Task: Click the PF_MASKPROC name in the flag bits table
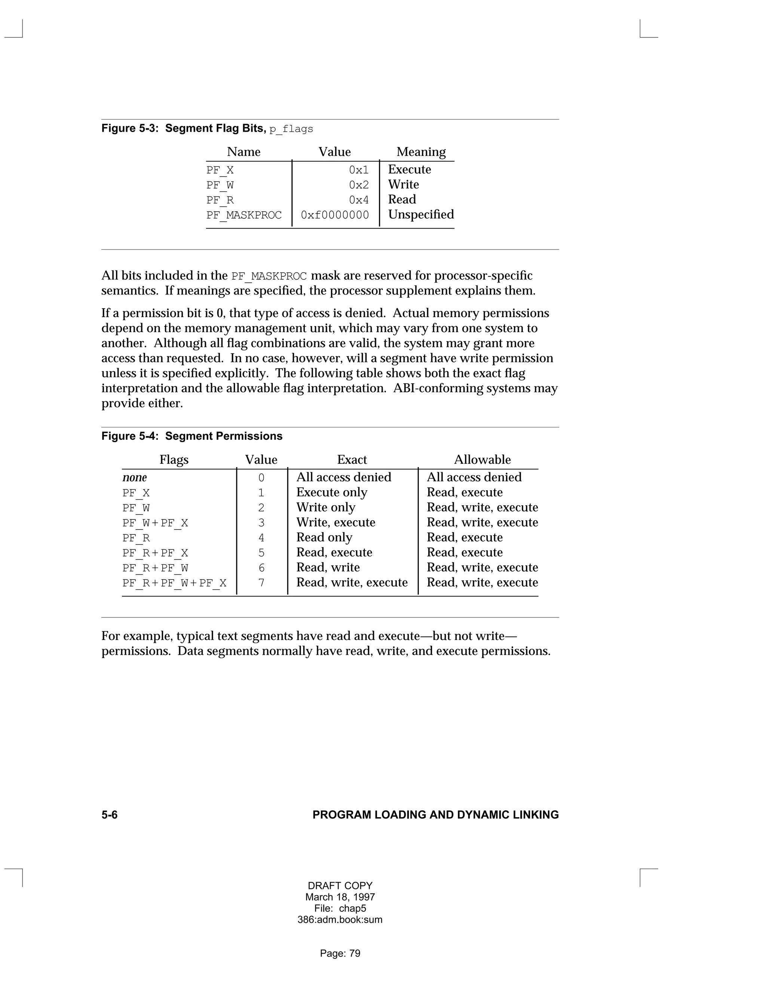[x=244, y=215]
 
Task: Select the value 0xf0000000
[x=335, y=215]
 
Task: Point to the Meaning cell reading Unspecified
[x=421, y=215]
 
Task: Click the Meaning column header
[x=421, y=152]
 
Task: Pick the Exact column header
[x=352, y=460]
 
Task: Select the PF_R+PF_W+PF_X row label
[x=174, y=583]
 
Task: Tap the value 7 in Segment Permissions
[x=261, y=583]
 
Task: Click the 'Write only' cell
[x=326, y=507]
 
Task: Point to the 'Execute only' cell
[x=332, y=493]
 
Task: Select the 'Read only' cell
[x=324, y=538]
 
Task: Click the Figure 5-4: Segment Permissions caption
[x=191, y=436]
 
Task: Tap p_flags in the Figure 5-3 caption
[x=291, y=129]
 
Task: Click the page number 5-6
[x=109, y=815]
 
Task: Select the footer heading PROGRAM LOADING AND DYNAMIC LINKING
[x=436, y=815]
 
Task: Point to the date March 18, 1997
[x=340, y=897]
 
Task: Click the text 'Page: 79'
[x=340, y=953]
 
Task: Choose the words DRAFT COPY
[x=340, y=886]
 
